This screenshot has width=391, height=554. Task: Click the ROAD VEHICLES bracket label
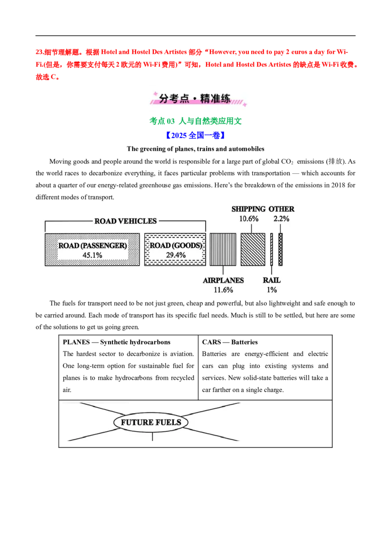click(126, 221)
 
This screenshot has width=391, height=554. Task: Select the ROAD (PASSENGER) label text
click(93, 245)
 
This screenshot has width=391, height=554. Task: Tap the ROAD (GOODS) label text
click(175, 245)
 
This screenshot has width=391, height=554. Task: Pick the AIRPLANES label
click(223, 281)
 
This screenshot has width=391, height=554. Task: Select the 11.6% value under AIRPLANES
click(223, 290)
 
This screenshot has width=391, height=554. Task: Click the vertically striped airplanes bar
click(223, 250)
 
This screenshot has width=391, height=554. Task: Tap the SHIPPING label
click(248, 209)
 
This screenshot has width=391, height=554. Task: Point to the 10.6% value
click(248, 219)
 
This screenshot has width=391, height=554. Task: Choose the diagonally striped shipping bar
click(253, 250)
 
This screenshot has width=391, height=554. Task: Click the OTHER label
click(282, 209)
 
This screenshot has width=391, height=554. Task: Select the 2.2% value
click(282, 219)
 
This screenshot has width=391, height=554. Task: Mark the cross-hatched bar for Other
click(281, 250)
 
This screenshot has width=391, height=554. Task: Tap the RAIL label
click(272, 281)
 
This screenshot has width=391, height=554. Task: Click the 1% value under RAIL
click(272, 290)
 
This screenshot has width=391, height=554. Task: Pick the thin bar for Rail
click(271, 250)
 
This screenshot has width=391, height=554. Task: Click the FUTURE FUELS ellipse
click(151, 422)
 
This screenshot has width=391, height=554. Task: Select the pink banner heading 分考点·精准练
click(195, 98)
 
